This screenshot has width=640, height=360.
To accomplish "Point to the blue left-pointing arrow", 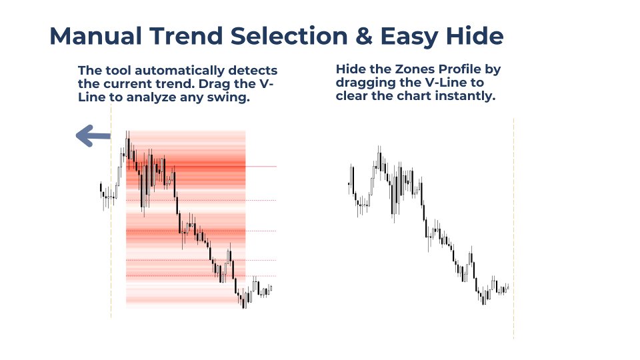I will coord(93,137).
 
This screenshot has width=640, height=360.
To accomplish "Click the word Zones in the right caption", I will coord(414,70).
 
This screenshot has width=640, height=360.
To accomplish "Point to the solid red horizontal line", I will coord(261,166).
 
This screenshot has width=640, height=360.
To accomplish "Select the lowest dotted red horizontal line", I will coord(261,276).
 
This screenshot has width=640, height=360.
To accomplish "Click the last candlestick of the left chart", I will coord(271,289).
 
